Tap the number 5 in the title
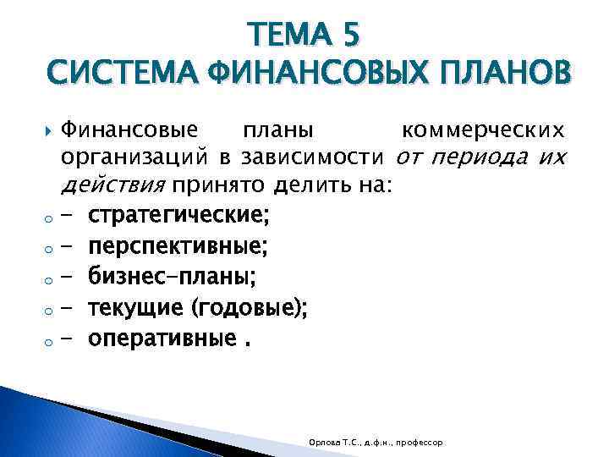point(350,36)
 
